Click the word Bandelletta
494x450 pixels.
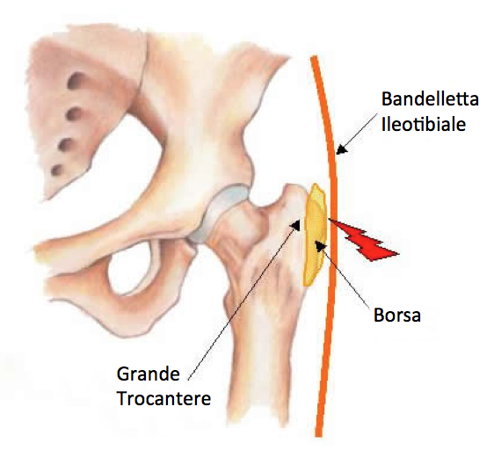point(430,99)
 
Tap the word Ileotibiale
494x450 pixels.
point(424,124)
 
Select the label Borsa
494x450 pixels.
point(397,315)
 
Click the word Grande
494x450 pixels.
point(148,374)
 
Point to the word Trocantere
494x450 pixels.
point(163,398)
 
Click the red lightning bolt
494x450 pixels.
point(364,240)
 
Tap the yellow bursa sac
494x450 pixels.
point(315,235)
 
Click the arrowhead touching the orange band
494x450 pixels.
point(341,149)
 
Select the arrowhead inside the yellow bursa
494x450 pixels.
point(321,246)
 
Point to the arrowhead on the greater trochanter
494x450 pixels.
point(296,225)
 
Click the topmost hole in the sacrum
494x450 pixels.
point(76,80)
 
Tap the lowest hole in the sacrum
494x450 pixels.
point(57,171)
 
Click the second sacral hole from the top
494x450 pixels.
point(74,113)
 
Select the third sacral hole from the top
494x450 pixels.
point(67,145)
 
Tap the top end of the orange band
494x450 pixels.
point(314,57)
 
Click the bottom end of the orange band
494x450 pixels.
point(319,435)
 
